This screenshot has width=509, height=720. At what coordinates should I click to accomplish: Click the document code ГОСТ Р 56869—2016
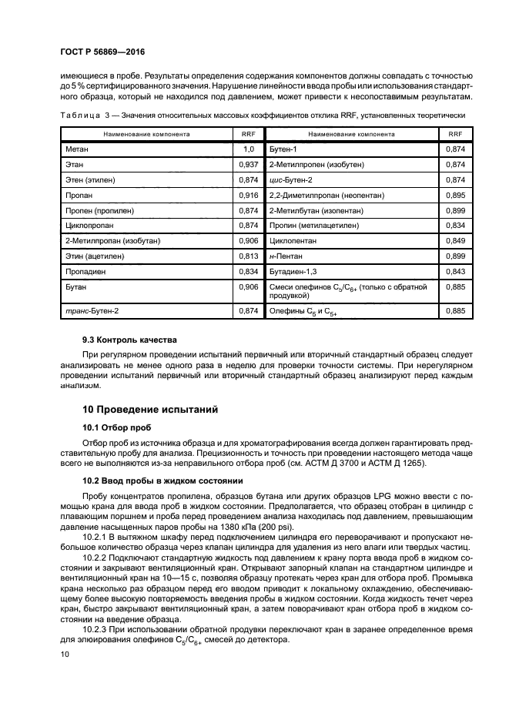tap(102, 51)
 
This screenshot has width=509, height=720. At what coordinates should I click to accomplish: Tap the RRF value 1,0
tap(248, 148)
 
